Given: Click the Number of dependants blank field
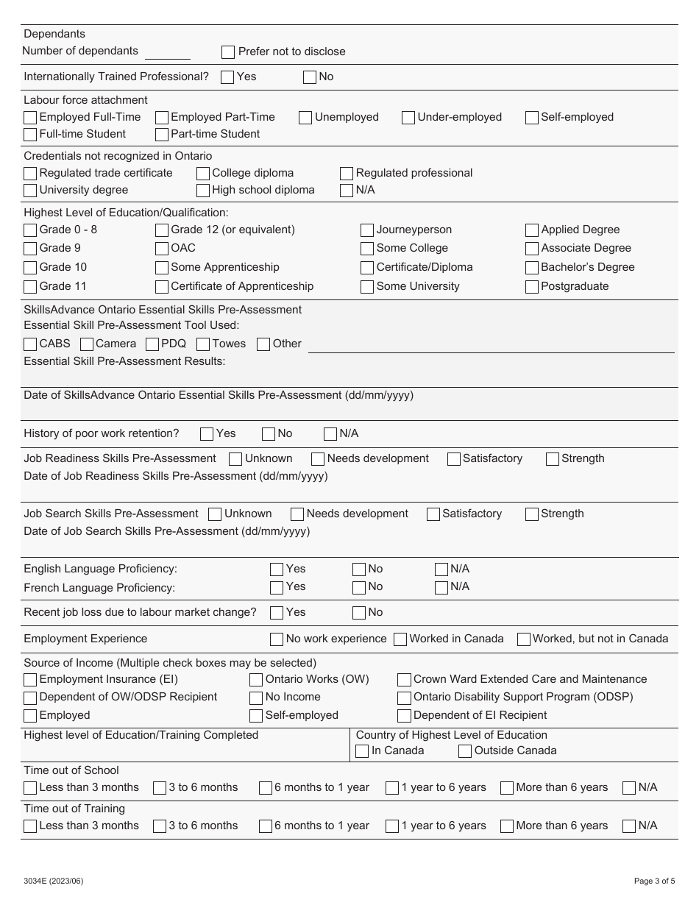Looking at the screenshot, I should (168, 52).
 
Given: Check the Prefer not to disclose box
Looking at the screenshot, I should (228, 52).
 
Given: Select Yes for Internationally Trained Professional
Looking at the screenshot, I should (228, 77).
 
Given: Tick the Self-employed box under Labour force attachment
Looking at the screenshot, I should (532, 118).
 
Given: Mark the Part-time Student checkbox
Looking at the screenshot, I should (162, 135).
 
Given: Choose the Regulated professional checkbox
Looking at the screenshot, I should (347, 174).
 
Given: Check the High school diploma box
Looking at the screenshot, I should (203, 191).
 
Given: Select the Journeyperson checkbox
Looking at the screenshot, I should (367, 230).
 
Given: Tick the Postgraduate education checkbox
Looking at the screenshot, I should (532, 287).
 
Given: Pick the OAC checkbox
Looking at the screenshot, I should (162, 249).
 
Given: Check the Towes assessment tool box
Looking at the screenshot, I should (203, 344).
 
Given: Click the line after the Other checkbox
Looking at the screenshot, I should (491, 346).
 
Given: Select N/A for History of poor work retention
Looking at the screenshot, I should (330, 434).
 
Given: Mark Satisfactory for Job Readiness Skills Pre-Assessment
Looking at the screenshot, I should (454, 459).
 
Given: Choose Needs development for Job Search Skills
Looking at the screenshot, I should (297, 514).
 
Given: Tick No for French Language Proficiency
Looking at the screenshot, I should (359, 587).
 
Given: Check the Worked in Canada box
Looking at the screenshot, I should (400, 639).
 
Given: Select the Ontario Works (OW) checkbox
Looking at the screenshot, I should (256, 680).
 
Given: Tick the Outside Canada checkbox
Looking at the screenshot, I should (465, 751).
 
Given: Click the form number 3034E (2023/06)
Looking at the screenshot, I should (53, 881).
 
